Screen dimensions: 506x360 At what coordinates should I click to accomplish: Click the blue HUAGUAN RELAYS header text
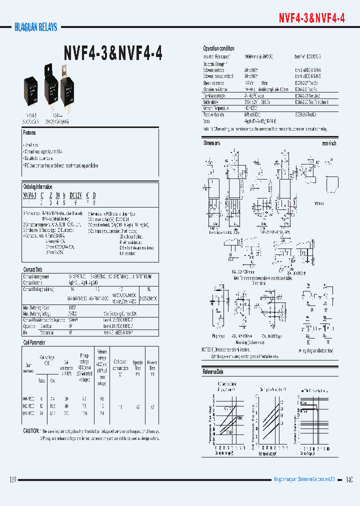(33, 27)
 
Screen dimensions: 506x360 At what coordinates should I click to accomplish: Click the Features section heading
(29, 133)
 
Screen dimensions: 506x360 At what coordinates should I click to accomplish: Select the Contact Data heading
(33, 269)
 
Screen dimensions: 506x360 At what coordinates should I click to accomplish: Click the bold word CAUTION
(31, 431)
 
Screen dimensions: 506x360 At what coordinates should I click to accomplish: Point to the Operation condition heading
(218, 48)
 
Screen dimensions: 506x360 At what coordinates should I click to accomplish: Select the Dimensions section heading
(211, 143)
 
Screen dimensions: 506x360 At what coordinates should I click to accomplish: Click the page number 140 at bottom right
(349, 480)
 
